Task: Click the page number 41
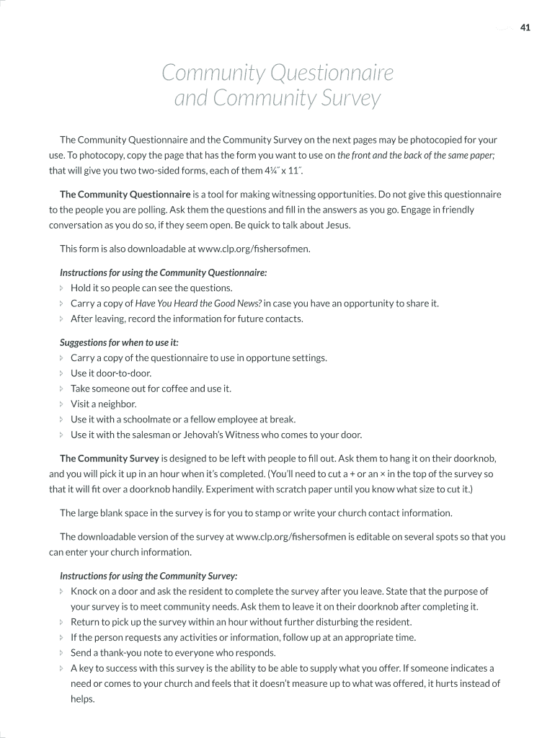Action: coord(525,28)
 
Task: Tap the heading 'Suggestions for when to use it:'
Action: coord(119,342)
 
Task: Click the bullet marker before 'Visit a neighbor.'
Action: coord(62,404)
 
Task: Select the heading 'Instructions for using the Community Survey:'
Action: coord(148,576)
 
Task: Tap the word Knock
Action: coord(84,591)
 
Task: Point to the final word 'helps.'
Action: coord(83,699)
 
